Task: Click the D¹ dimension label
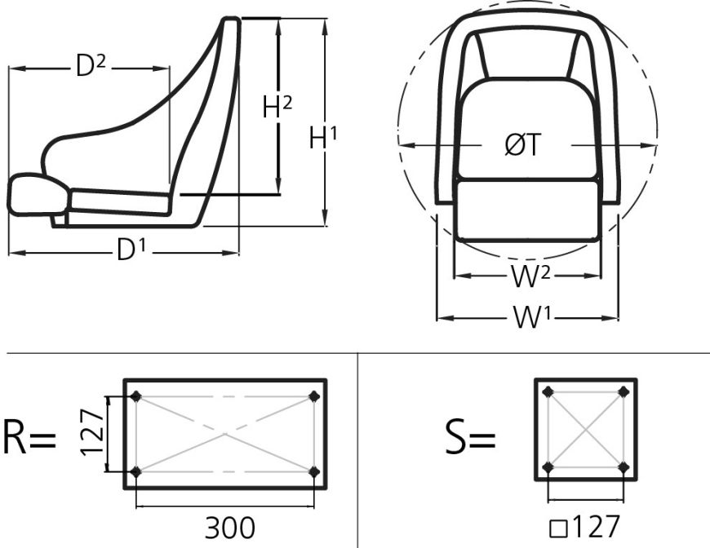[131, 251]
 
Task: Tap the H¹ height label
[323, 139]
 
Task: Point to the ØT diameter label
[522, 146]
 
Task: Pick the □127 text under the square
[585, 527]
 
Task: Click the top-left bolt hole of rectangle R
[136, 397]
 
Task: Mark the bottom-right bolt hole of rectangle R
[314, 471]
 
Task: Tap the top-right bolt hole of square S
[623, 392]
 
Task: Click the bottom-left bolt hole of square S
[548, 467]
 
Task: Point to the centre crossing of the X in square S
[586, 430]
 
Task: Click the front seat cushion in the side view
[38, 194]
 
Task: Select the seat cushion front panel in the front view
[527, 210]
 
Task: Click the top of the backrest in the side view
[232, 21]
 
